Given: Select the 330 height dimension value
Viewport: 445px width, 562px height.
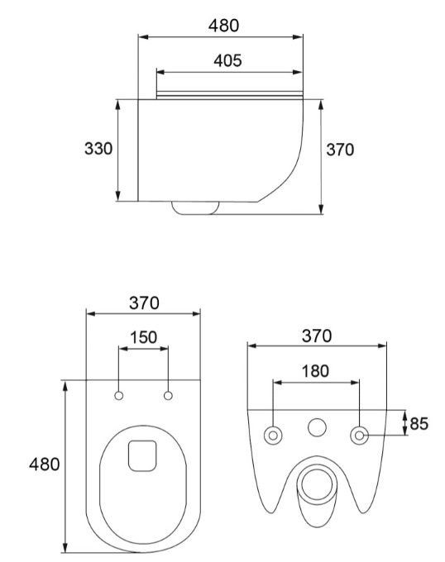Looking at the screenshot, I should pos(99,149).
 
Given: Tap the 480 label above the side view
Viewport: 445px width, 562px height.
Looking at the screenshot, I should pos(223,26).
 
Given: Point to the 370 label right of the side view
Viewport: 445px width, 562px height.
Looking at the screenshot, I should pos(340,150).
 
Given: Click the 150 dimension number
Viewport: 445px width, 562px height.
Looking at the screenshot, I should pos(144,338).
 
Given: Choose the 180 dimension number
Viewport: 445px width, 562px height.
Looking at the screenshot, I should pos(315,371).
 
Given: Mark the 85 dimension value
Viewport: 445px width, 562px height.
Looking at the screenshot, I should pos(419,424).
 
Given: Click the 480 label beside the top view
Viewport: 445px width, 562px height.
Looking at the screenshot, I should pos(44,464).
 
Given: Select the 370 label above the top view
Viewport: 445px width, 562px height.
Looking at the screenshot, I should pos(143,302).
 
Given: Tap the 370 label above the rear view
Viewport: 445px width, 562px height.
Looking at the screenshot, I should pos(316,336).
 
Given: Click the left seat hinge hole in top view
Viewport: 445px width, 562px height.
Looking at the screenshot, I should pos(119,397).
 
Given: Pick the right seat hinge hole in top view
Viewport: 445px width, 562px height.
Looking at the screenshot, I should pos(169,397).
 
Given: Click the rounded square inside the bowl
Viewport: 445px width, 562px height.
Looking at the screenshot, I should pos(143,455).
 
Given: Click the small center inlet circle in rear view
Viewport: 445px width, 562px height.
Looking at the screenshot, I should pos(316,428).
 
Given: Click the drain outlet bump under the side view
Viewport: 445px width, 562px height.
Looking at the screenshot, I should pos(195,208).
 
